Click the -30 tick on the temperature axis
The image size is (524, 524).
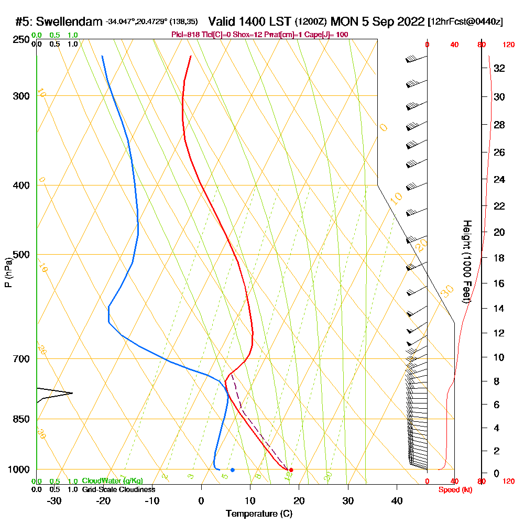tap(54, 501)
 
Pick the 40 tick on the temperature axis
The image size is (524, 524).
tap(397, 501)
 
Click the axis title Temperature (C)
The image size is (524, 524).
tap(259, 514)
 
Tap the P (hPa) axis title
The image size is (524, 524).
tap(8, 272)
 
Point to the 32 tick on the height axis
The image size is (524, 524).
tap(499, 68)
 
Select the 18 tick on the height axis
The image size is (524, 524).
tap(499, 258)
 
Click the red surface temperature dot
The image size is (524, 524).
tap(291, 470)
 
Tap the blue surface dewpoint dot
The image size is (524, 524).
tap(232, 470)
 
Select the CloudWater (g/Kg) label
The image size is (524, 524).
tap(112, 481)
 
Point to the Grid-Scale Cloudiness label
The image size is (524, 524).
tap(118, 489)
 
